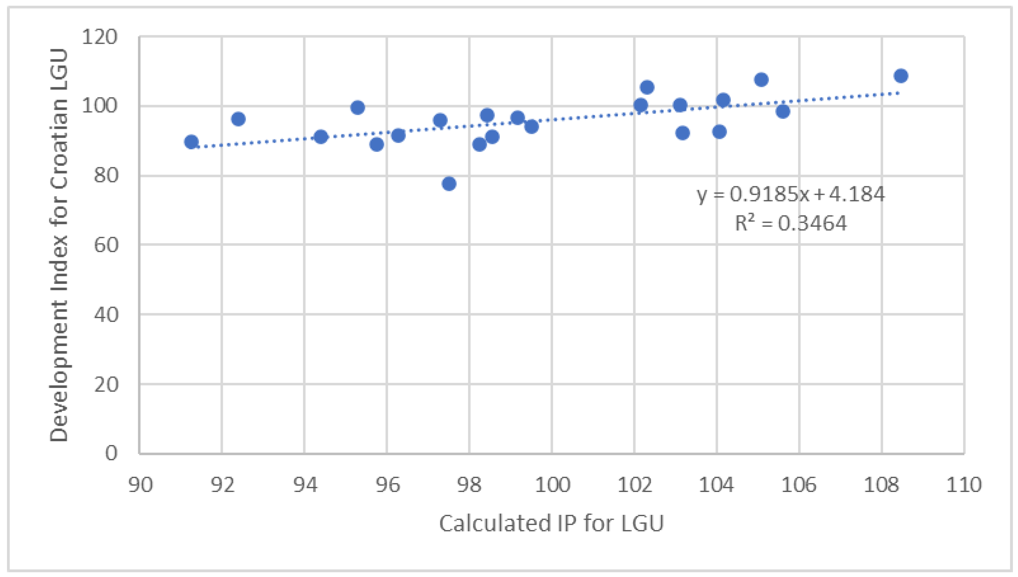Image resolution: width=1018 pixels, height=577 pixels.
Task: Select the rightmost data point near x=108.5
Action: pyautogui.click(x=901, y=76)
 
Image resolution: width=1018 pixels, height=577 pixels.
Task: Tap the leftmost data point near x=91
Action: pyautogui.click(x=191, y=142)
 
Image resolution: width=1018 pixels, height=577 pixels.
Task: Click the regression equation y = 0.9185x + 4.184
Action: pyautogui.click(x=791, y=194)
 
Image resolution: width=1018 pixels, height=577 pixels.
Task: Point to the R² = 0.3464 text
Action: pyautogui.click(x=791, y=223)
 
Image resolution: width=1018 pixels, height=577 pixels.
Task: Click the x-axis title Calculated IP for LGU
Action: pyautogui.click(x=551, y=523)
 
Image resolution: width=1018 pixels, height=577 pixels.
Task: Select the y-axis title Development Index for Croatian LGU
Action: pyautogui.click(x=59, y=245)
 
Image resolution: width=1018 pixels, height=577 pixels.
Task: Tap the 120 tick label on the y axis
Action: pyautogui.click(x=100, y=38)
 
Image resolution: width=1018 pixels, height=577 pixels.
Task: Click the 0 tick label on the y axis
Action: pyautogui.click(x=111, y=453)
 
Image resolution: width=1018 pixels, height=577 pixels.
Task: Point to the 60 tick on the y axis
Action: pyautogui.click(x=106, y=245)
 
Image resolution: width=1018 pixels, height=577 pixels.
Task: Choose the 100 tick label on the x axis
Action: pyautogui.click(x=552, y=485)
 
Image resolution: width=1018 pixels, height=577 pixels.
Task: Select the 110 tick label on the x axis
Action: pyautogui.click(x=964, y=485)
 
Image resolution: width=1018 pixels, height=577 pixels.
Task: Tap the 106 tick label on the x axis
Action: pyautogui.click(x=799, y=485)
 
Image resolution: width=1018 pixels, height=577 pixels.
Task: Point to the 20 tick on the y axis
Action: pyautogui.click(x=106, y=384)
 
